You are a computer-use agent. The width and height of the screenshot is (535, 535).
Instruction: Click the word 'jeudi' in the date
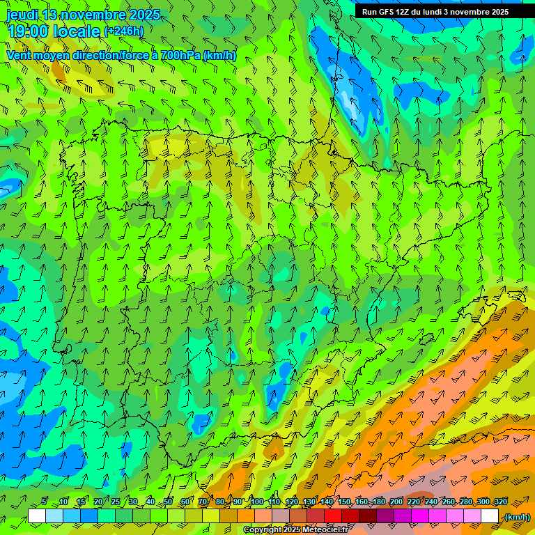pyautogui.click(x=22, y=15)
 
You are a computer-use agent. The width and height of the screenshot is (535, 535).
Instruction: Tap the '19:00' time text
pyautogui.click(x=31, y=31)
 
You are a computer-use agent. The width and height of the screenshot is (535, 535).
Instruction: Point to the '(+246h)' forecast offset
pyautogui.click(x=123, y=31)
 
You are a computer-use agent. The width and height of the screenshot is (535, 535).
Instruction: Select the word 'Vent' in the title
pyautogui.click(x=20, y=55)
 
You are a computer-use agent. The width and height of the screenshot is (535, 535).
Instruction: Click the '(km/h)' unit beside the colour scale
pyautogui.click(x=516, y=517)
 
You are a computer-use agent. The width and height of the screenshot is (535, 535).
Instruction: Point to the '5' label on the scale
pyautogui.click(x=44, y=502)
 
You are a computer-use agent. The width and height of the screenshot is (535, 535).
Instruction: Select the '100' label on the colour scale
pyautogui.click(x=256, y=502)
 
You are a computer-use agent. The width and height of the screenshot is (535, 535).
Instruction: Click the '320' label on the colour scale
pyautogui.click(x=501, y=502)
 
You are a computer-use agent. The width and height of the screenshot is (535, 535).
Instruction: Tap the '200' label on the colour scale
pyautogui.click(x=396, y=502)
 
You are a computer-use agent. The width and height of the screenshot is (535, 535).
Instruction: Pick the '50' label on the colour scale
pyautogui.click(x=168, y=502)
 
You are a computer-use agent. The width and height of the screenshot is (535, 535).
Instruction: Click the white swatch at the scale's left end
pyautogui.click(x=37, y=516)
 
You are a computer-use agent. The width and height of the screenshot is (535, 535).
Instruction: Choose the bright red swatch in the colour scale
pyautogui.click(x=333, y=516)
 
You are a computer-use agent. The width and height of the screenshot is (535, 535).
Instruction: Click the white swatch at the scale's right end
pyautogui.click(x=490, y=516)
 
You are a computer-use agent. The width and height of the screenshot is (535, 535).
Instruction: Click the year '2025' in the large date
pyautogui.click(x=140, y=15)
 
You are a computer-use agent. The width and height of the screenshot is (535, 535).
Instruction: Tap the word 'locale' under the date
pyautogui.click(x=79, y=31)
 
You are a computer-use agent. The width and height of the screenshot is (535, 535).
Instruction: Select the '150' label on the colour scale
pyautogui.click(x=344, y=502)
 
